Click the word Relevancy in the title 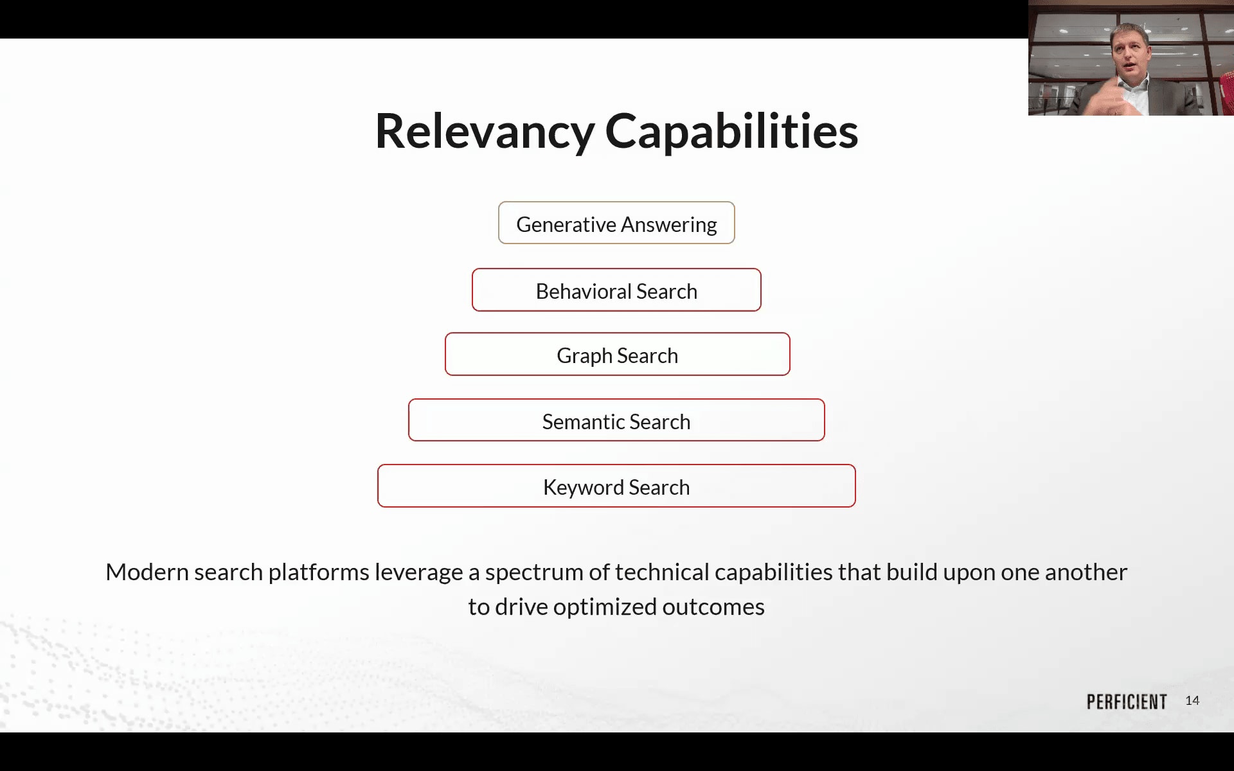click(485, 132)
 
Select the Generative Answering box click(616, 223)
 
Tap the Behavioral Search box click(616, 290)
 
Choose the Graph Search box click(617, 354)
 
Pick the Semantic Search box click(616, 420)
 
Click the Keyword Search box click(616, 486)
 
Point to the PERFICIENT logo click(1127, 702)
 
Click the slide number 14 click(1192, 701)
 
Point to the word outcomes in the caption click(713, 607)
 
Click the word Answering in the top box click(669, 226)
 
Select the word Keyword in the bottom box click(584, 488)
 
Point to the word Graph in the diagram click(584, 357)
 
